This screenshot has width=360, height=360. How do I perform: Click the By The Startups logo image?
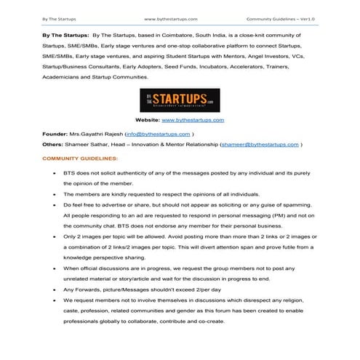pos(179,100)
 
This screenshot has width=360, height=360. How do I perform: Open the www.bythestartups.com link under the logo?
pos(192,120)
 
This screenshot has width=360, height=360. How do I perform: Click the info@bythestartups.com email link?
pos(159,135)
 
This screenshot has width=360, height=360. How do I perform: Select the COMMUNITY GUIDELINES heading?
pos(75,159)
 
